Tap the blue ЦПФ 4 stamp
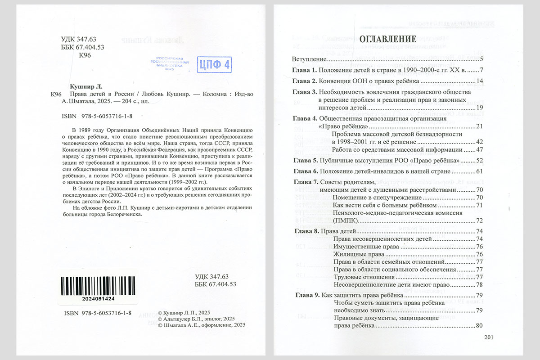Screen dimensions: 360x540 pos(215,65)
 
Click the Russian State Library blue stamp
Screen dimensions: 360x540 pos(169,64)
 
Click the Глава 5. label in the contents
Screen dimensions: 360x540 pos(305,160)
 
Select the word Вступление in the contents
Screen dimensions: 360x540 pos(309,59)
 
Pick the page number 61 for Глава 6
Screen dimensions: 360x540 pos(479,171)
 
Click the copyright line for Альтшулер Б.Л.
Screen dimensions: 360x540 pos(193,319)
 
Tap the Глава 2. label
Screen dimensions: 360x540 pos(305,81)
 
